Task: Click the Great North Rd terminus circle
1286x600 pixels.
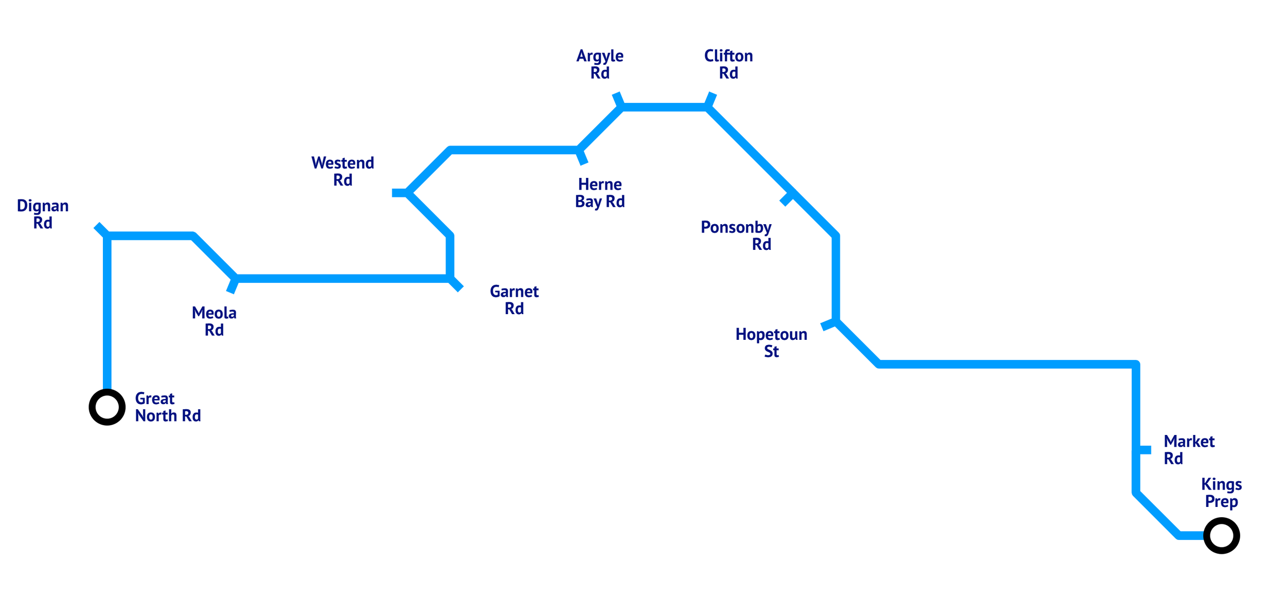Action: [x=107, y=407]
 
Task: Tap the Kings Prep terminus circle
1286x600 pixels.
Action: [x=1222, y=536]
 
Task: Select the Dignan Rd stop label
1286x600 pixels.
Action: [x=43, y=214]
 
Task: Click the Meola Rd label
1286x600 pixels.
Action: [x=214, y=321]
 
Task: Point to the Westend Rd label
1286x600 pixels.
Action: [x=343, y=171]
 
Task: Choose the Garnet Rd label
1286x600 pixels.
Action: [x=514, y=300]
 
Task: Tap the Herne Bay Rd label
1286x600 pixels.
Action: [x=600, y=193]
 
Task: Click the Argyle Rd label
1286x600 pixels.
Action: [x=600, y=64]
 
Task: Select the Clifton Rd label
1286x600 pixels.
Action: [x=728, y=64]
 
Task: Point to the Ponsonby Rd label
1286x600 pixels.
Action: [x=736, y=235]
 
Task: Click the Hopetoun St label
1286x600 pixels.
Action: [x=771, y=342]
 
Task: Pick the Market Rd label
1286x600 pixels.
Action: [x=1189, y=450]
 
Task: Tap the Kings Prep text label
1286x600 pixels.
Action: [x=1222, y=493]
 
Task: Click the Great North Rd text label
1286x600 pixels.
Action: [x=168, y=407]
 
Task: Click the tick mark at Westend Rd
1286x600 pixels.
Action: [x=399, y=193]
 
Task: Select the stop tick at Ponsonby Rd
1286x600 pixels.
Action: [x=787, y=199]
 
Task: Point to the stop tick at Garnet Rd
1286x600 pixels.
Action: [x=456, y=284]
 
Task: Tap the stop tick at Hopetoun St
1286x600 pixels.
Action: [x=828, y=324]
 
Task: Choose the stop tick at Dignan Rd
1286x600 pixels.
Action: [x=101, y=230]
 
